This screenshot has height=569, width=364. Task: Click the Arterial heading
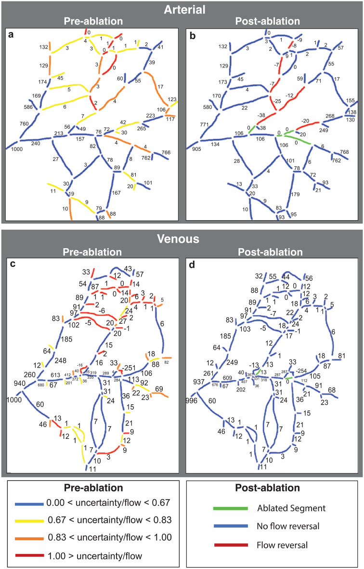182,9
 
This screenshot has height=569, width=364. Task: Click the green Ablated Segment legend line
231,508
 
